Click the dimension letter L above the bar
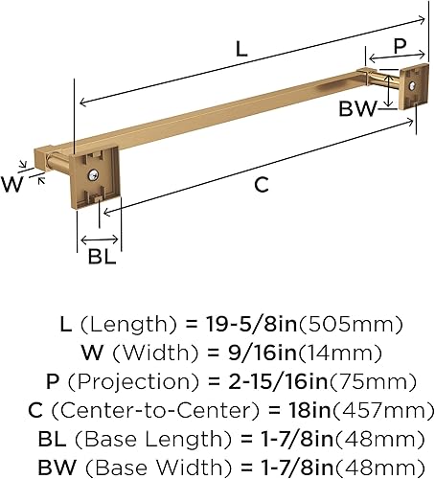[241, 49]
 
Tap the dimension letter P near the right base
[400, 46]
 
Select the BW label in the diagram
[357, 108]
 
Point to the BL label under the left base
[102, 256]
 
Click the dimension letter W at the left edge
[12, 184]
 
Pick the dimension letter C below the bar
[262, 185]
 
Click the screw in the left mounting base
[93, 174]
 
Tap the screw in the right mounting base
[413, 85]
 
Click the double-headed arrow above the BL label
[100, 239]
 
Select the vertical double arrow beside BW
[388, 91]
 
